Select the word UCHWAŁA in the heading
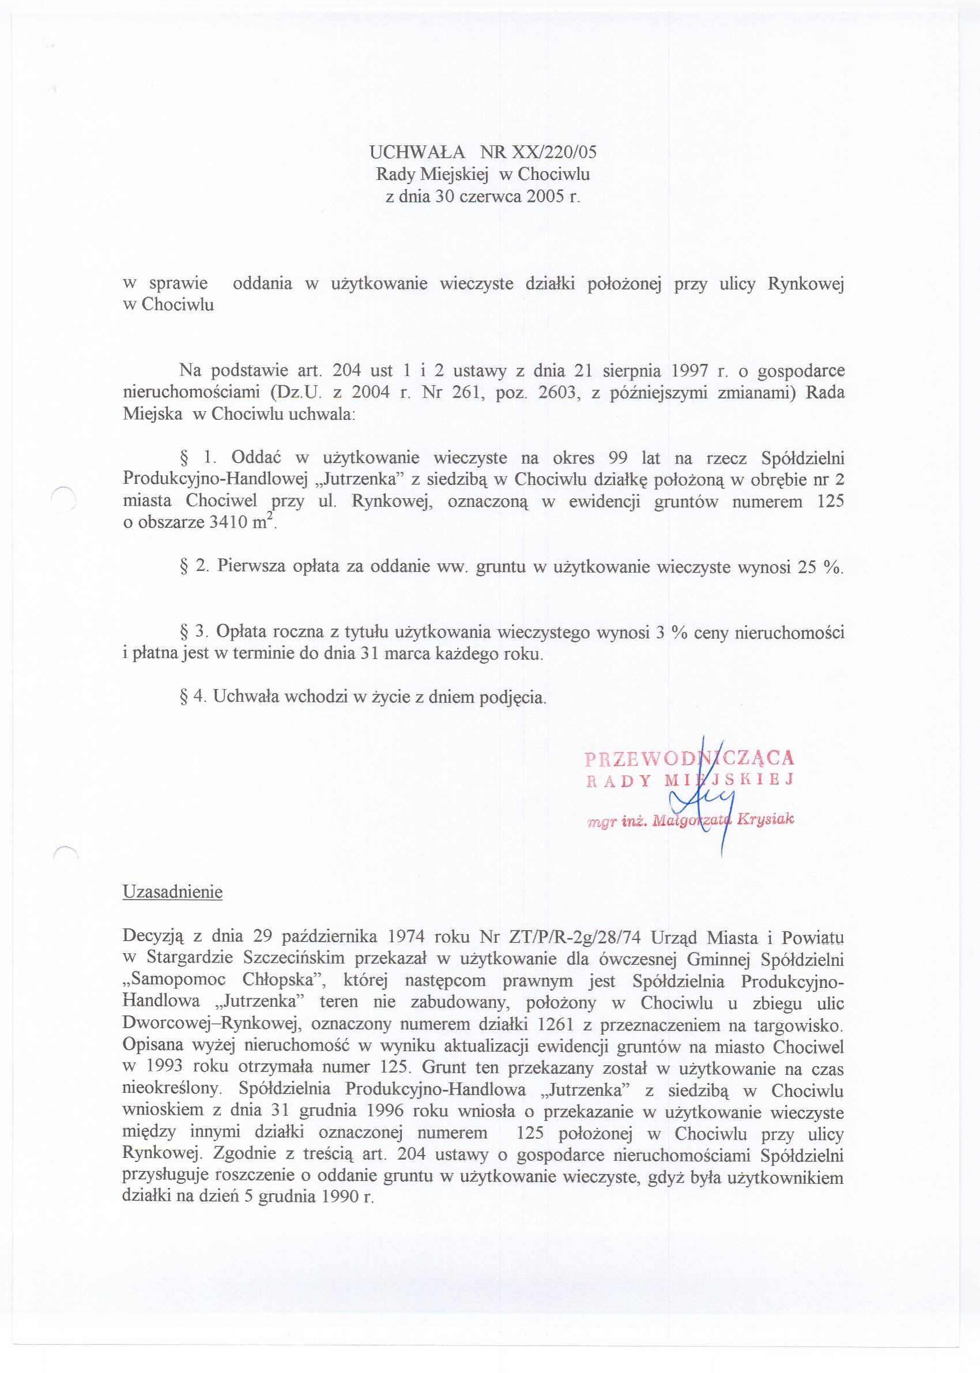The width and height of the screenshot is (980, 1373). coord(417,152)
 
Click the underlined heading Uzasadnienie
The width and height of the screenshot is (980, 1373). coord(172,892)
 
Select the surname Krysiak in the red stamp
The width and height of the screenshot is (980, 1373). coord(764,819)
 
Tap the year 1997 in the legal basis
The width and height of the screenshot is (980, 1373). coord(689,370)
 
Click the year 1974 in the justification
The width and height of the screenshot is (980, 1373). coord(408,937)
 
